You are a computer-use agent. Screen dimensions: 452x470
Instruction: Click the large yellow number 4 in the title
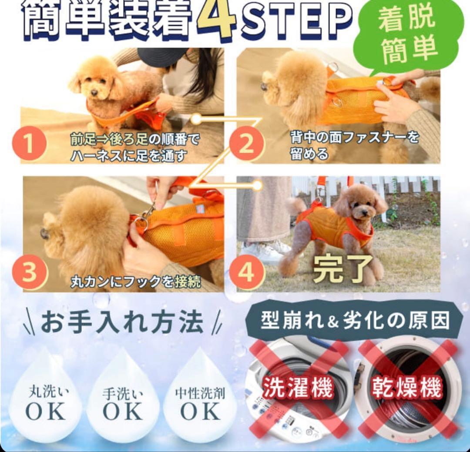coord(216,18)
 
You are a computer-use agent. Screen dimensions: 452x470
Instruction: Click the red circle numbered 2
coord(246,144)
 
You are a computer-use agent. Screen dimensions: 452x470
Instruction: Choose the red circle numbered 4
coord(246,273)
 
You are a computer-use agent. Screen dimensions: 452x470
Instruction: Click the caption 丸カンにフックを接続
coord(136,282)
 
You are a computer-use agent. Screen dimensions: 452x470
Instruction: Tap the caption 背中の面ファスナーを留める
coord(354,146)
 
